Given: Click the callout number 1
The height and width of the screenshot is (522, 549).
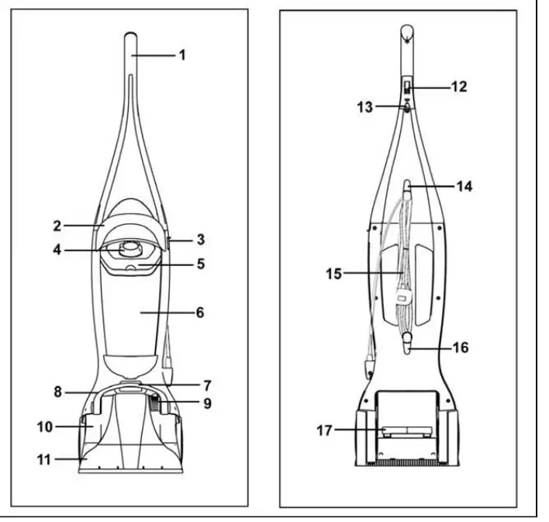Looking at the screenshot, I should click(x=183, y=56).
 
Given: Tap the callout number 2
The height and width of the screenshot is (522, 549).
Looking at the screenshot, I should click(x=57, y=226).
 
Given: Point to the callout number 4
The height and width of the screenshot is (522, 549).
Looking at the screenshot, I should click(x=57, y=250).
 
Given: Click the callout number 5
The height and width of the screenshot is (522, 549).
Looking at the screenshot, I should click(x=200, y=264).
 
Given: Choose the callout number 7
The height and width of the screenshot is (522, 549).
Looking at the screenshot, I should click(x=207, y=384).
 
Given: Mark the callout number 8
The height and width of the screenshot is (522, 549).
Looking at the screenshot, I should click(x=57, y=392).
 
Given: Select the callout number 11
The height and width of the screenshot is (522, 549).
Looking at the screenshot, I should click(x=44, y=459).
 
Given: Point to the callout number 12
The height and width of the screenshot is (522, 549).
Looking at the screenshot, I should click(x=459, y=87).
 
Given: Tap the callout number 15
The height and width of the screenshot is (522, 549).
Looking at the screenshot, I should click(x=332, y=273).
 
